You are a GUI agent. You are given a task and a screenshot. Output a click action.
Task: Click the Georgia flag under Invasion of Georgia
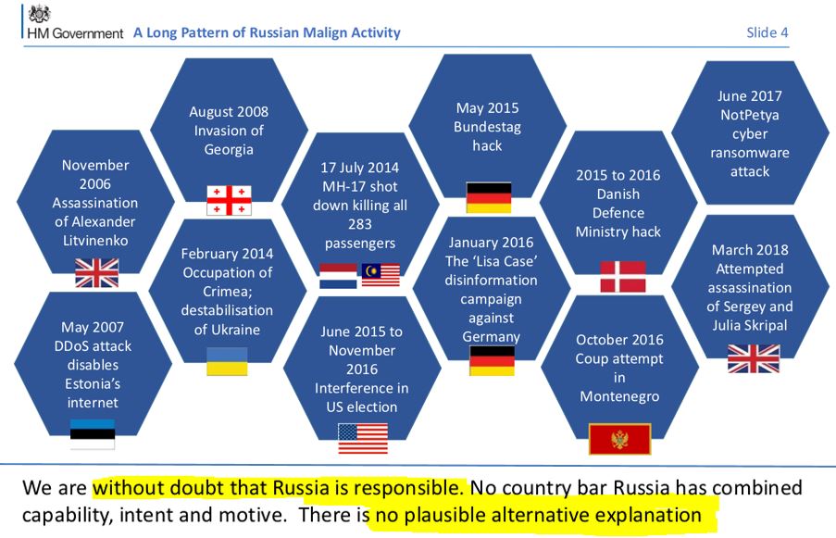click(x=229, y=200)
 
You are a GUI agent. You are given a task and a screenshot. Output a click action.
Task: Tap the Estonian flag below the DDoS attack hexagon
click(x=93, y=434)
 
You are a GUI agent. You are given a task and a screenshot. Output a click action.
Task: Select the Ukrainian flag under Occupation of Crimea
click(x=227, y=361)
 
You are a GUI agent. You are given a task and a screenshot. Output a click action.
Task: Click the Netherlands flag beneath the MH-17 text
click(x=338, y=276)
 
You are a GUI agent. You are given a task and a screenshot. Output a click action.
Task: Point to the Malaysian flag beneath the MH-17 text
click(x=381, y=275)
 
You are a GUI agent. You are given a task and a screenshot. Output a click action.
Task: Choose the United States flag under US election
click(x=363, y=438)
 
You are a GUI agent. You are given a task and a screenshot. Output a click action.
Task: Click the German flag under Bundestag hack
click(x=489, y=197)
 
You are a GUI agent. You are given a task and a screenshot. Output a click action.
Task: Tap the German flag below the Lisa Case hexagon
click(x=493, y=360)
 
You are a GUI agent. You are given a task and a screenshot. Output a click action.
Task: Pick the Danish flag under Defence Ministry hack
click(x=623, y=276)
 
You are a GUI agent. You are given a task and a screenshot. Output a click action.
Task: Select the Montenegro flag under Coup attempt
click(x=619, y=439)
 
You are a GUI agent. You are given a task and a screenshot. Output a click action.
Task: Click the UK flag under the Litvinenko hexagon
click(x=96, y=273)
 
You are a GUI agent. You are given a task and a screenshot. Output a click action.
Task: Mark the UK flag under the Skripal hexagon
click(x=754, y=358)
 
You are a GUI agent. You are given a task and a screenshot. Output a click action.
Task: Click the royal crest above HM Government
click(x=40, y=14)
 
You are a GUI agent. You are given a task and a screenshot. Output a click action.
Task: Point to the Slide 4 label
click(x=767, y=32)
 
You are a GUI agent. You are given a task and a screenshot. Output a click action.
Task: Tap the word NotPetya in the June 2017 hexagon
click(x=750, y=115)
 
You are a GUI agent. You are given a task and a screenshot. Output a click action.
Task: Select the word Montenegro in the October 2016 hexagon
click(x=619, y=396)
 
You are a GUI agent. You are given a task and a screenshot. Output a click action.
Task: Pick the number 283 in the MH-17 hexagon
click(x=360, y=224)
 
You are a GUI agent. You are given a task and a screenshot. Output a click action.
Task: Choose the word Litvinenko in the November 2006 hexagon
click(x=95, y=241)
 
